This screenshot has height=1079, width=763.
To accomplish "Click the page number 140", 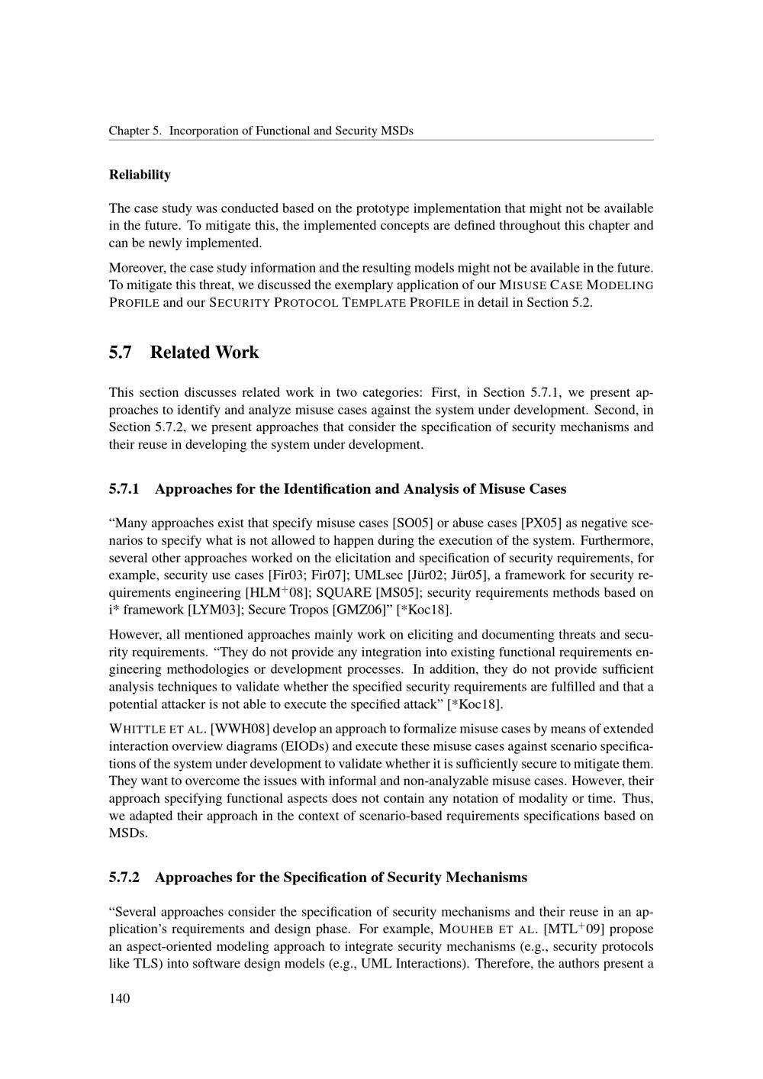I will pos(120,999).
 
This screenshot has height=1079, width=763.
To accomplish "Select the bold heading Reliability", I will pos(140,175).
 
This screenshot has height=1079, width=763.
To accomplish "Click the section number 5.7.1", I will pos(124,489).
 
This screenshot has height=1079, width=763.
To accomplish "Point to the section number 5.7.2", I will pos(124,878).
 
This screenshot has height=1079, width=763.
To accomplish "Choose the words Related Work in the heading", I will pos(204,353).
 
